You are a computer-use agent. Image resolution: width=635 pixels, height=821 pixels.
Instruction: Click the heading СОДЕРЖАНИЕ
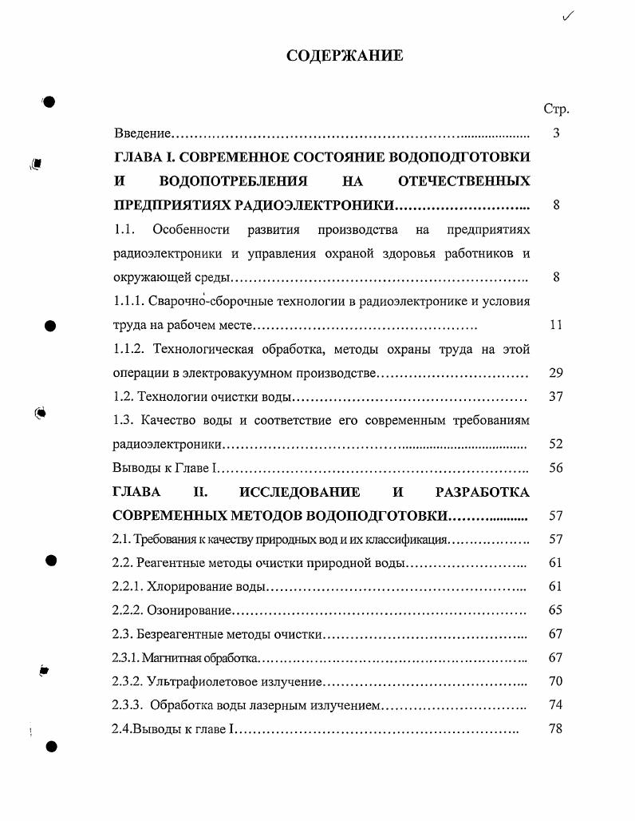tap(345, 56)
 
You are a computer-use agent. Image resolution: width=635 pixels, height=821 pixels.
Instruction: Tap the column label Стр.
tap(555, 109)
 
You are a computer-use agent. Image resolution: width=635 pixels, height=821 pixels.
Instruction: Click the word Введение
tap(143, 133)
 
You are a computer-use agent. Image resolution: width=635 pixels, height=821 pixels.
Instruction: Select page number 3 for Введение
tap(556, 133)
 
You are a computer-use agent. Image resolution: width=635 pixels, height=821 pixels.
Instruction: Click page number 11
tap(556, 325)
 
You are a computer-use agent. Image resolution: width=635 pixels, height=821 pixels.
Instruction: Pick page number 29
tap(556, 373)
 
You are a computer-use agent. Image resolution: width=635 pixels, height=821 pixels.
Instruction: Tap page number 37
tap(556, 397)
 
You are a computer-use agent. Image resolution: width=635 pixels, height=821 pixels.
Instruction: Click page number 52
tap(556, 444)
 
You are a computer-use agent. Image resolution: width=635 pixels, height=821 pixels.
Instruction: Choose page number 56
tap(556, 468)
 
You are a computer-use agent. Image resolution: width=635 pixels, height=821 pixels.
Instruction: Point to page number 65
tap(556, 611)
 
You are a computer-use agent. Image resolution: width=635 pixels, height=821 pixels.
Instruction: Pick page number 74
tap(556, 706)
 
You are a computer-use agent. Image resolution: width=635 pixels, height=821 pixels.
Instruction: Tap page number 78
tap(556, 729)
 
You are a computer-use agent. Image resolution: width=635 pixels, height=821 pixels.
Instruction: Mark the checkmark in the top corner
tap(568, 15)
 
